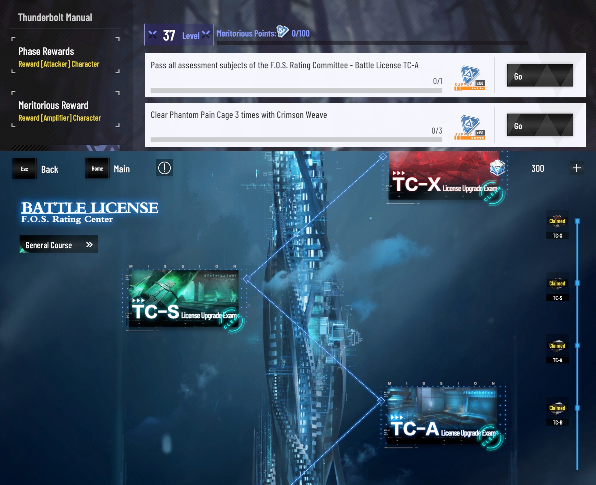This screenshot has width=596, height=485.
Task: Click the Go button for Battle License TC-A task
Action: pyautogui.click(x=540, y=75)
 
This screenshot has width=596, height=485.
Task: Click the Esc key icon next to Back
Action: pyautogui.click(x=25, y=169)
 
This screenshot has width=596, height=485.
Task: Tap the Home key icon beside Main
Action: pyautogui.click(x=97, y=168)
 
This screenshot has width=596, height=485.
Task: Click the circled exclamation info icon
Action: pyautogui.click(x=164, y=168)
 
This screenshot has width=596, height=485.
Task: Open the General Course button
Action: pyautogui.click(x=58, y=245)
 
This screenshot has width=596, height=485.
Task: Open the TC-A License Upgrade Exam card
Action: pyautogui.click(x=442, y=415)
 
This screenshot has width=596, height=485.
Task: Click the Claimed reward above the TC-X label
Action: pyautogui.click(x=557, y=221)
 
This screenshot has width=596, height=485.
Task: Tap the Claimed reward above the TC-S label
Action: pyautogui.click(x=557, y=283)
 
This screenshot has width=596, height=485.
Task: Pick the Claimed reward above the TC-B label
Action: pyautogui.click(x=557, y=408)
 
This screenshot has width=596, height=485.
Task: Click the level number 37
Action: pyautogui.click(x=169, y=35)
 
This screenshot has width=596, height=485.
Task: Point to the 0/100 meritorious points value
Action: pyautogui.click(x=300, y=33)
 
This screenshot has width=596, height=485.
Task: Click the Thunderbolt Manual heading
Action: pyautogui.click(x=55, y=17)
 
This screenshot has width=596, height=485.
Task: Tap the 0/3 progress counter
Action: pyautogui.click(x=436, y=131)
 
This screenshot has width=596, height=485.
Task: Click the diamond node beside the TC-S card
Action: pyautogui.click(x=247, y=279)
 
